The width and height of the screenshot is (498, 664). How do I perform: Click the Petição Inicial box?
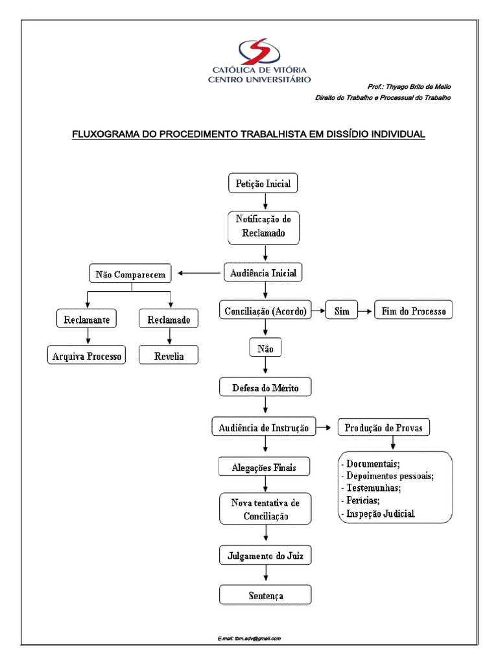(264, 184)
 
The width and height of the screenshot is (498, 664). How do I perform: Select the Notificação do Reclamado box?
(264, 227)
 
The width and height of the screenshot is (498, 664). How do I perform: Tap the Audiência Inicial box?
(264, 273)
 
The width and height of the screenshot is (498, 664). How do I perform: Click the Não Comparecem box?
(131, 274)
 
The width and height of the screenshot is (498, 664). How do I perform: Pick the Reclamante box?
(86, 320)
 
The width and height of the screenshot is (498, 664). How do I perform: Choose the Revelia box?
(169, 356)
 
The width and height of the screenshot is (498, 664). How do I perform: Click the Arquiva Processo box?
(86, 356)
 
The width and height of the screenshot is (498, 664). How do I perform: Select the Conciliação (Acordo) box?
(264, 311)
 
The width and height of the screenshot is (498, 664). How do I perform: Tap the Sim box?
(342, 311)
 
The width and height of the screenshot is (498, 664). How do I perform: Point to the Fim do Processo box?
(414, 311)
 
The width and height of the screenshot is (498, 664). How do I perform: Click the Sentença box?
(265, 595)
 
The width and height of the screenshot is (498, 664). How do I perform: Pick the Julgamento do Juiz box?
(265, 556)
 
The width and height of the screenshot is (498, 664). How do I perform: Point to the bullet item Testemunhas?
(373, 488)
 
